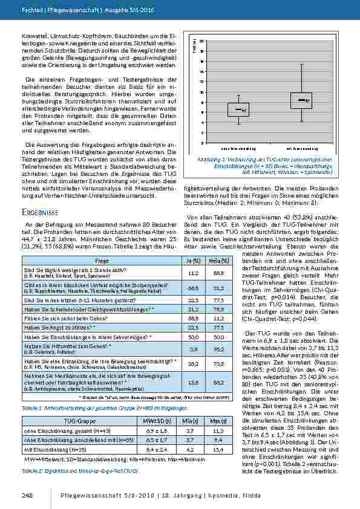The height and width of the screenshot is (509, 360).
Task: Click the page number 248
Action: tap(27, 495)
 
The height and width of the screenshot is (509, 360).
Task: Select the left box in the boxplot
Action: tap(238, 109)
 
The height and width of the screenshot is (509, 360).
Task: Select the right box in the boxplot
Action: tap(301, 100)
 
